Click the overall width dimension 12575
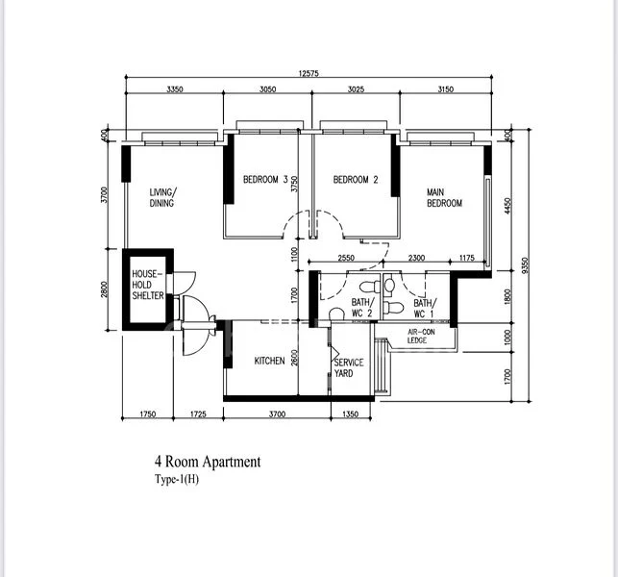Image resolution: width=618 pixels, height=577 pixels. coord(309,73)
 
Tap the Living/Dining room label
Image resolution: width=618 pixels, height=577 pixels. coord(163,197)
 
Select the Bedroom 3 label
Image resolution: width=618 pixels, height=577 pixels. coord(265,180)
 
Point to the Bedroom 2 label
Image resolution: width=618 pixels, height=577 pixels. coord(356,180)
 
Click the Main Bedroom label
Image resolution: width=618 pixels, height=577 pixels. coord(444,197)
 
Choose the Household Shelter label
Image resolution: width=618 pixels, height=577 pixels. coord(148,285)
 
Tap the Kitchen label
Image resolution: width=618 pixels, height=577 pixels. coord(269,361)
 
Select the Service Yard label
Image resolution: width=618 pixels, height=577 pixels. coord(349,367)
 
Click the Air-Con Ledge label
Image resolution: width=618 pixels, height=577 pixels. coord(421,336)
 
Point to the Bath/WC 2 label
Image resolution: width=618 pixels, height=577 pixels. coord(362,308)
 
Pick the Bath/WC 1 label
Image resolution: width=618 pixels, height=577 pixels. coord(425,309)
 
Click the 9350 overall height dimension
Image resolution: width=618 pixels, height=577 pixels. coord(525,267)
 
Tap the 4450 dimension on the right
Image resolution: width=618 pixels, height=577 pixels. coord(507,206)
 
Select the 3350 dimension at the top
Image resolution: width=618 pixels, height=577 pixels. coord(175,89)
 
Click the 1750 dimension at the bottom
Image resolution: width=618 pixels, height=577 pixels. coord(148,414)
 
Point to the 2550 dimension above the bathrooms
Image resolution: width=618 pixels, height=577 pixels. coord(346,258)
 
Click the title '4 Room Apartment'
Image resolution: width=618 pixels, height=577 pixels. coord(208,462)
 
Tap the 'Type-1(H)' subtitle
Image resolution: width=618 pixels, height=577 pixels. coord(177,480)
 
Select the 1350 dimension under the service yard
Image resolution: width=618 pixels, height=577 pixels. coord(351,414)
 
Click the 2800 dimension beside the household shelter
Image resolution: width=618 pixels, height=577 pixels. coord(104,289)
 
